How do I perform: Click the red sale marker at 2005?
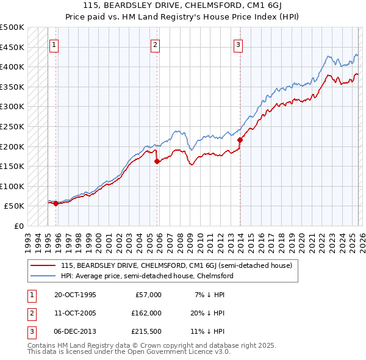click(157, 162)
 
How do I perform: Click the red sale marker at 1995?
click(56, 203)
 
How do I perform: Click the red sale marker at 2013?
click(240, 140)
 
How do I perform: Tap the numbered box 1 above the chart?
click(54, 44)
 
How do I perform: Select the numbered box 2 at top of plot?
click(156, 44)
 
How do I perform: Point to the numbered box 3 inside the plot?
click(238, 44)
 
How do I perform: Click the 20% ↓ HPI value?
click(206, 314)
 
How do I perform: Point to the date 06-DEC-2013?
click(74, 332)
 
